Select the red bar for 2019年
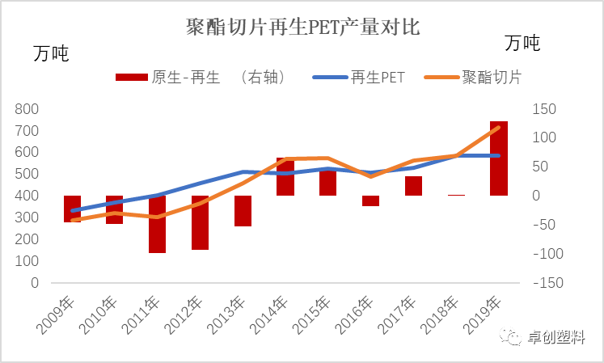499,158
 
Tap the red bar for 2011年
158,224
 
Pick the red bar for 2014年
285,176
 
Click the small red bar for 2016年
370,200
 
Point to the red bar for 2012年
201,222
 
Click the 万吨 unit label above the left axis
51,54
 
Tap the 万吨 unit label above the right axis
522,43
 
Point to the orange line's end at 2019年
499,127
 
